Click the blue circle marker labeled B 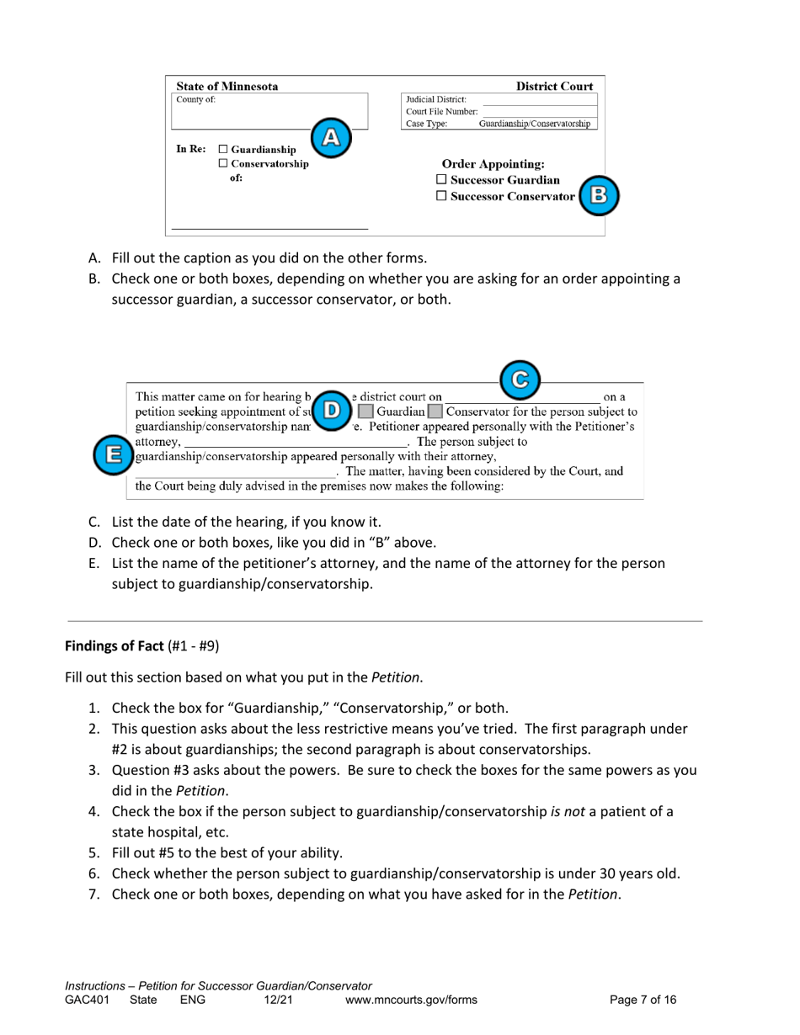click(599, 195)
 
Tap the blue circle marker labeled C click(520, 377)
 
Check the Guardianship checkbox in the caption click(223, 150)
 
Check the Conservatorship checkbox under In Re click(223, 164)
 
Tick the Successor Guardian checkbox click(441, 180)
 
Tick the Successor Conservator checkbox click(441, 197)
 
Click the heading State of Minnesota click(227, 86)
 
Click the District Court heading click(554, 86)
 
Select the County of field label click(195, 99)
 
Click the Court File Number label click(441, 112)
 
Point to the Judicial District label click(436, 99)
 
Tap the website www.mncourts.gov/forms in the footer click(411, 1000)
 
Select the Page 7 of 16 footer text click(643, 1000)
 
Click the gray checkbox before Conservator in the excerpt click(434, 412)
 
